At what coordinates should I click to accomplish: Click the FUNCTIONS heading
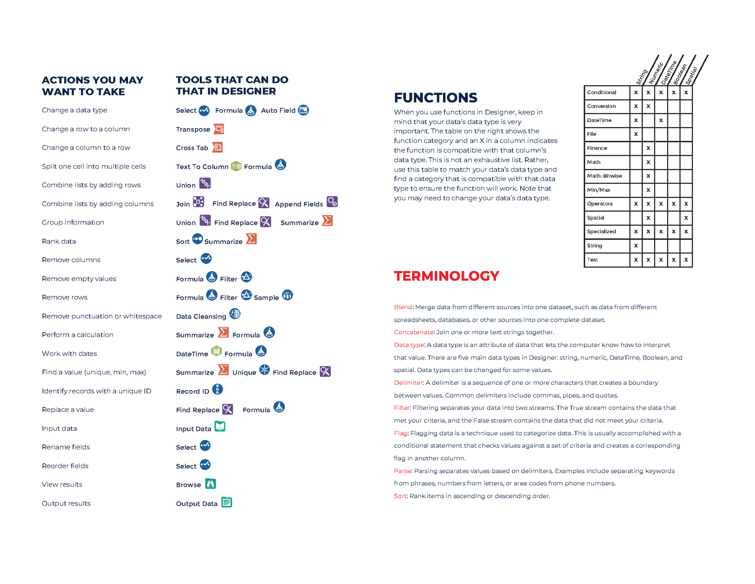point(435,98)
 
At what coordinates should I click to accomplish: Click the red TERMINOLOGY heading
point(446,276)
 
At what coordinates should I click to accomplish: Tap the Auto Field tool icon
point(303,110)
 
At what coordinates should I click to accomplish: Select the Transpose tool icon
point(219,129)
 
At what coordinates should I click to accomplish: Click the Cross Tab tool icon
point(218,147)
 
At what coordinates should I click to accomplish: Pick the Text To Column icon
point(236,166)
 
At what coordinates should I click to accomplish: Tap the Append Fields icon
point(332,202)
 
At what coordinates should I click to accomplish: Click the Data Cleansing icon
point(235,314)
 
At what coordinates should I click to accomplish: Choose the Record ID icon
point(218,389)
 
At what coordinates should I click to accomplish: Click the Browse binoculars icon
point(210,483)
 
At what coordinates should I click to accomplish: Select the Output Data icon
point(227,502)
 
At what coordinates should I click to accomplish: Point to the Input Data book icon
point(220,426)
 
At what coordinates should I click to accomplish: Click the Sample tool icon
point(287,295)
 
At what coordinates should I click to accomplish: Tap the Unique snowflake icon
point(264,370)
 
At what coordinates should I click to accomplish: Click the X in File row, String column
point(636,134)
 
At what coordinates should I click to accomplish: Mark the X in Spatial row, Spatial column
point(686,218)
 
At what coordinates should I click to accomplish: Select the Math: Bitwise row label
point(604,176)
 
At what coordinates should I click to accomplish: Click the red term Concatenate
point(414,332)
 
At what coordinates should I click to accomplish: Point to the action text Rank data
point(59,241)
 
